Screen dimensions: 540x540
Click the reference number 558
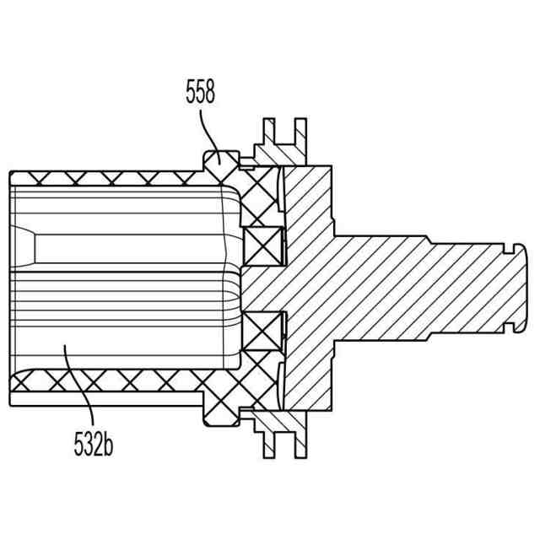pos(200,92)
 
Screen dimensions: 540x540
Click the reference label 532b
pos(92,443)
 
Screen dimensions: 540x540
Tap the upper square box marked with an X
pos(262,244)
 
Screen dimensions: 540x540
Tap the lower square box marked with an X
pos(262,330)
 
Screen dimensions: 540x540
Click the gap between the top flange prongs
pos(283,135)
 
